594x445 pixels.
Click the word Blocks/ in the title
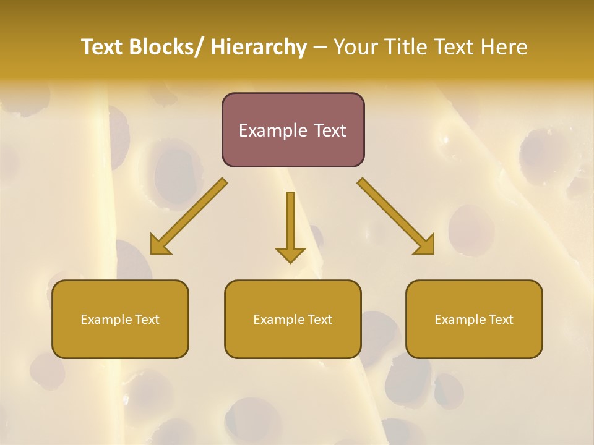click(x=163, y=47)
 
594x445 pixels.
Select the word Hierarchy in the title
click(x=259, y=47)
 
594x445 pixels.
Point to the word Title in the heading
click(x=407, y=47)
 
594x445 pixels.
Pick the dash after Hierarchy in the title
click(x=320, y=48)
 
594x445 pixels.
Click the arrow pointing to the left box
click(x=189, y=216)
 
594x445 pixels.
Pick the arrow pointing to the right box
click(x=396, y=216)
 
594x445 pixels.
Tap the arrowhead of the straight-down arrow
click(x=290, y=254)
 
